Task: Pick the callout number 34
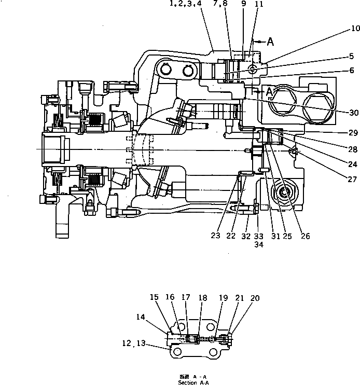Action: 258,245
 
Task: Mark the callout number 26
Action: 306,236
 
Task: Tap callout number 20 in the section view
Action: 255,298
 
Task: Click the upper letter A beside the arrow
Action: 270,42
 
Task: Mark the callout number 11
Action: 259,5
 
